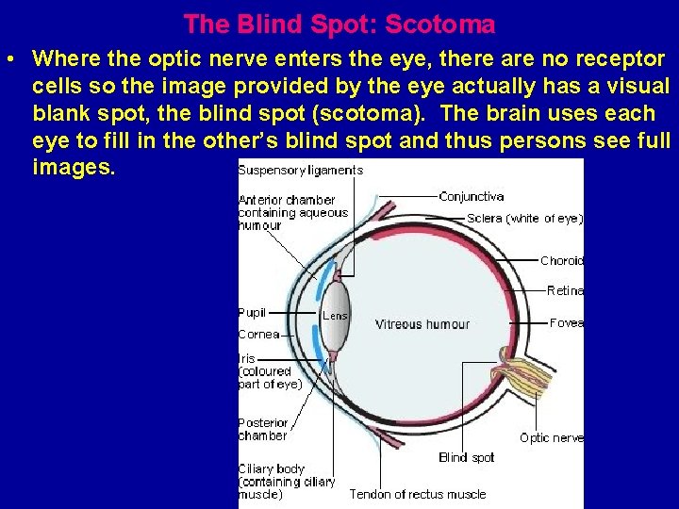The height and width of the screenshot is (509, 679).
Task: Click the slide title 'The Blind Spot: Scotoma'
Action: tap(339, 23)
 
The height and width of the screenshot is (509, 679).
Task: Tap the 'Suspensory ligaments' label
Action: tap(300, 171)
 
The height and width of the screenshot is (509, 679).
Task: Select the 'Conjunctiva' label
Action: tap(472, 197)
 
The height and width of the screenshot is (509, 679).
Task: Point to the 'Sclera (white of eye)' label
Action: tap(524, 219)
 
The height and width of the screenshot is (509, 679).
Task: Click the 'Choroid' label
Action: tap(562, 261)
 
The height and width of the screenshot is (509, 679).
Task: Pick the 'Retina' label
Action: tap(565, 291)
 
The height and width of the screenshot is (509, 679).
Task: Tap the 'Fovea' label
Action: tap(567, 322)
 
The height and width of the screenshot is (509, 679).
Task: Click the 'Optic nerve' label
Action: tap(552, 437)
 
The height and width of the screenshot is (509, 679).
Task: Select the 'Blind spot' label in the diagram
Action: tap(466, 457)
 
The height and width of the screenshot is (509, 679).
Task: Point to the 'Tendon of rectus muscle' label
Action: tap(418, 494)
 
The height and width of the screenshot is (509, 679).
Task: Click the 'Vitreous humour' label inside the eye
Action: tap(422, 324)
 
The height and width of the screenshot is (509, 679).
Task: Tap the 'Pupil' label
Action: tap(253, 312)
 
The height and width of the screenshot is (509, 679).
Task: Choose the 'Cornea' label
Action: tap(258, 334)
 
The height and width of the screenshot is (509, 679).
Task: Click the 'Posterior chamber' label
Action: tap(263, 430)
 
